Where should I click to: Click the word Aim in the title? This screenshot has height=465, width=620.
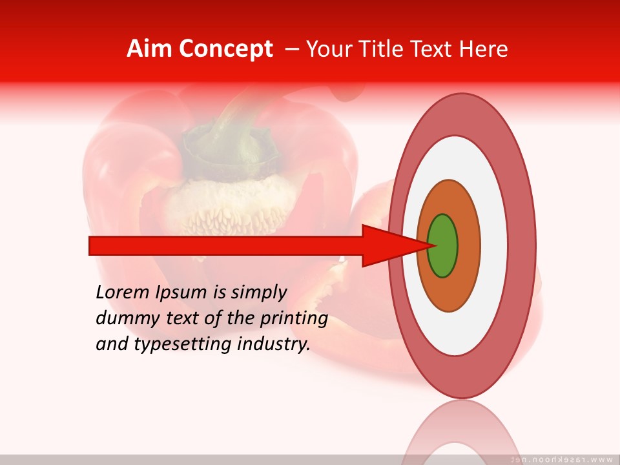point(149,49)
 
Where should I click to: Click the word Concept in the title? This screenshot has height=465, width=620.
point(225,49)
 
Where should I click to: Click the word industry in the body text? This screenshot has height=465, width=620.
point(274,345)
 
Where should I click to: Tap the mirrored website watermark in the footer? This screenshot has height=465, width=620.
point(562,460)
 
